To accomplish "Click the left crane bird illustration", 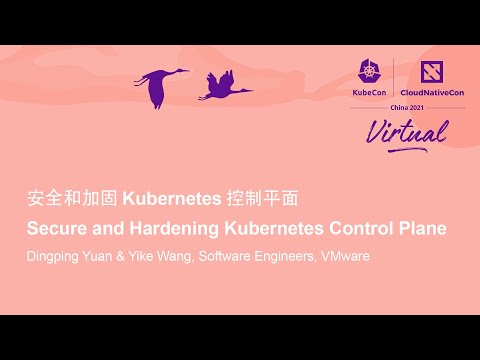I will pyautogui.click(x=160, y=86).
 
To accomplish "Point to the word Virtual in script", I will pyautogui.click(x=404, y=129).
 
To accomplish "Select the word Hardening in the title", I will pyautogui.click(x=165, y=228).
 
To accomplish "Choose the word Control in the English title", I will pyautogui.click(x=356, y=228).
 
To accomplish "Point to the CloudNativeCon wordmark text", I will pyautogui.click(x=433, y=91).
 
